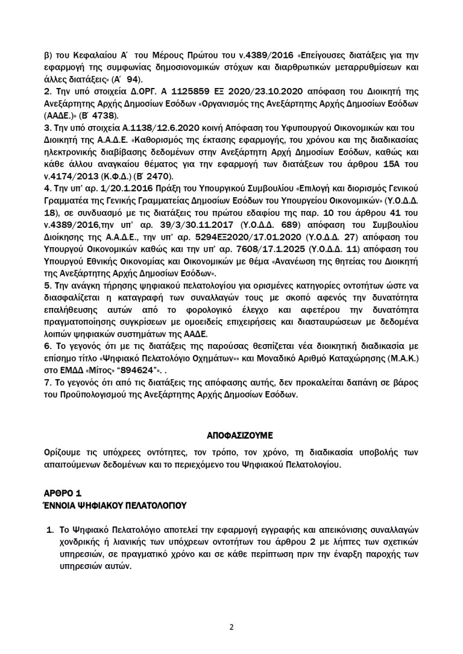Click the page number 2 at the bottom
point(231,626)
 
